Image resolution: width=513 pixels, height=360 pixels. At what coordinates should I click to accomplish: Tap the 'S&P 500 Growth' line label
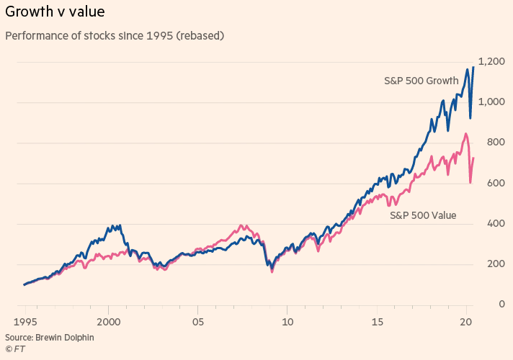click(x=421, y=81)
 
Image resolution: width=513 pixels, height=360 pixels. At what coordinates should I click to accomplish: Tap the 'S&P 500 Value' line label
click(x=423, y=215)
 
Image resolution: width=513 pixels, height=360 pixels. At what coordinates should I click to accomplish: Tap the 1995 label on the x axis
click(x=25, y=322)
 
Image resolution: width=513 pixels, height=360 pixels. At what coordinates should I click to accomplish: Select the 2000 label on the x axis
click(x=108, y=322)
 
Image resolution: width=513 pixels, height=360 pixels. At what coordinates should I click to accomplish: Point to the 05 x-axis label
click(x=197, y=322)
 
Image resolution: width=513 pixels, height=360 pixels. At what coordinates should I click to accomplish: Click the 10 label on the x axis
click(x=287, y=322)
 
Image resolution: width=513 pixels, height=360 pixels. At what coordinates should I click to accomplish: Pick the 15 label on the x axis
click(x=376, y=322)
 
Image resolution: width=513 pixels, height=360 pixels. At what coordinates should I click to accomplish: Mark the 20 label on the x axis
click(x=465, y=322)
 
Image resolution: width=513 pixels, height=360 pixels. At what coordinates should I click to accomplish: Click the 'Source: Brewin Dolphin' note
click(x=50, y=337)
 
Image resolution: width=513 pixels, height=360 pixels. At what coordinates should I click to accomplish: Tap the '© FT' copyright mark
click(x=14, y=348)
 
